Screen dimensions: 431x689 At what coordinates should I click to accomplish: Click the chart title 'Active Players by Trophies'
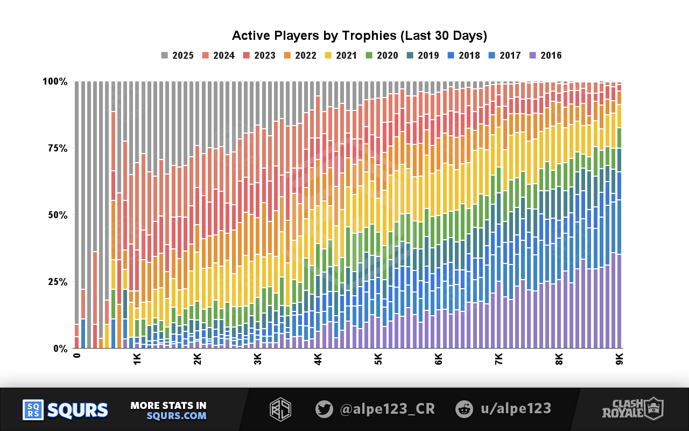click(x=359, y=36)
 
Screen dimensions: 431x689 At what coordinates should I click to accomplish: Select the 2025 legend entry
click(x=178, y=55)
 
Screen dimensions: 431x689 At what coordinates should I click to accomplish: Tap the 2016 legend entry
click(x=546, y=55)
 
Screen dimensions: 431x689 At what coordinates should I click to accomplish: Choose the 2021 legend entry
click(x=341, y=55)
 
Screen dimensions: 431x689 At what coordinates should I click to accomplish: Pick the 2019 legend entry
click(x=423, y=55)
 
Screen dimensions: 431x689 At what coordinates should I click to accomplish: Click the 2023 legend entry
click(x=259, y=55)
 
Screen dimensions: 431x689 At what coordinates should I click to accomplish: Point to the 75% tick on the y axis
click(x=55, y=148)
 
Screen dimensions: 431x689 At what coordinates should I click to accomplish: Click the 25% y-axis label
click(x=55, y=282)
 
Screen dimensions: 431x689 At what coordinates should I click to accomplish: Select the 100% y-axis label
click(x=55, y=81)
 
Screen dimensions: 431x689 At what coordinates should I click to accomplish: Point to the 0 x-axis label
click(x=77, y=356)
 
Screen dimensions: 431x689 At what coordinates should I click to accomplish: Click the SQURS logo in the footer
click(x=65, y=410)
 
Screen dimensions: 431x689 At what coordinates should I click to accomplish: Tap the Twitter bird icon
click(x=324, y=409)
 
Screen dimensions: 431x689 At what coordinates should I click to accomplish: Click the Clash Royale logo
click(x=632, y=409)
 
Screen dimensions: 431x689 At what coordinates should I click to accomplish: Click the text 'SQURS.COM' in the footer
click(x=177, y=415)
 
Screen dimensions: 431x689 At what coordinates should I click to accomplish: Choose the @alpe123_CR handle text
click(x=388, y=409)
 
